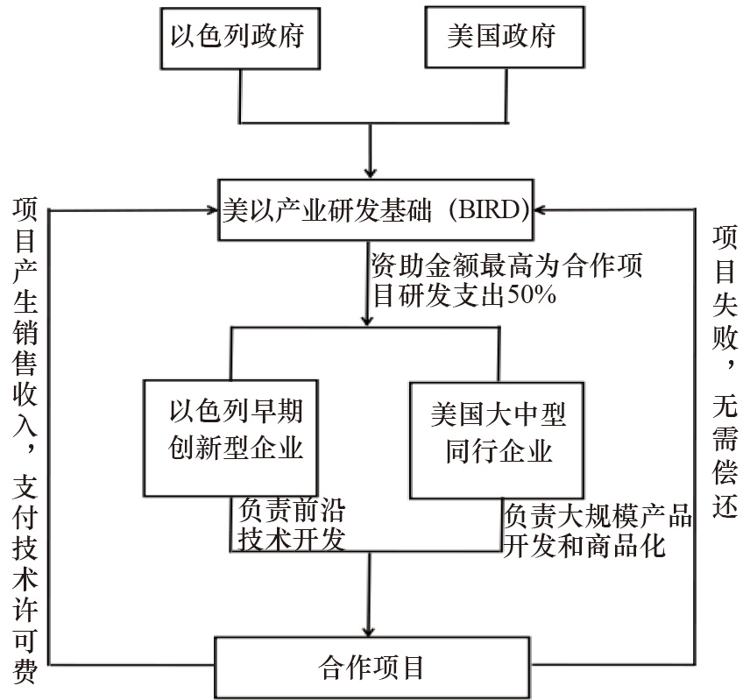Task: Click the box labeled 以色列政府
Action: (x=237, y=38)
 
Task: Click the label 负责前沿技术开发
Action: (x=288, y=523)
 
